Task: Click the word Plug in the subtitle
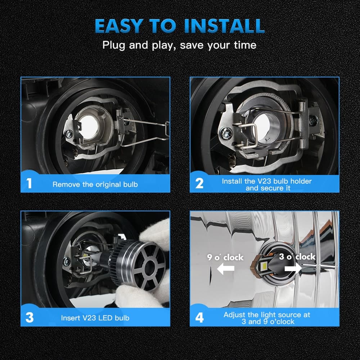click(x=114, y=45)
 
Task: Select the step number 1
click(x=29, y=184)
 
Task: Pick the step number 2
click(x=199, y=184)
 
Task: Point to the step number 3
click(x=30, y=318)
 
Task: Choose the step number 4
click(x=199, y=318)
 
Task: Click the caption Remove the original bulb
click(x=95, y=184)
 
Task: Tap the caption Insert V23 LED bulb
click(x=95, y=318)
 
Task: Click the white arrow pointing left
click(x=225, y=269)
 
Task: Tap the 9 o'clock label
click(x=225, y=257)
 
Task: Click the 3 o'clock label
click(x=297, y=257)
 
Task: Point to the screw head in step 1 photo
click(x=69, y=134)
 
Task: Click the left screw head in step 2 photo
click(x=226, y=133)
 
